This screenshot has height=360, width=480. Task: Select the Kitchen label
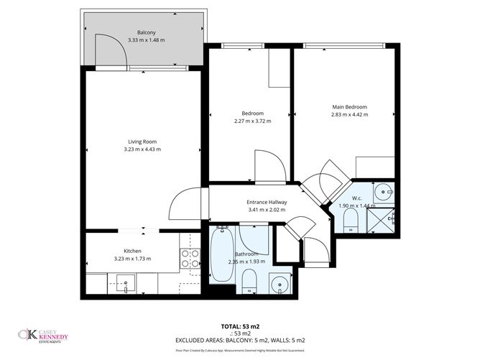coord(131,251)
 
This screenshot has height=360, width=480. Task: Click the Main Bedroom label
coord(349,106)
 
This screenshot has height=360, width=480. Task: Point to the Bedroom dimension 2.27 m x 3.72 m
coord(252,121)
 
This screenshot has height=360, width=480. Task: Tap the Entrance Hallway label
coord(266,202)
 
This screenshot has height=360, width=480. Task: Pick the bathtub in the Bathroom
coord(223,255)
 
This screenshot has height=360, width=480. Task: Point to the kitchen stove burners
coord(190,259)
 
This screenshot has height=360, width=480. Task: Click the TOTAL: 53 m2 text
coord(240,326)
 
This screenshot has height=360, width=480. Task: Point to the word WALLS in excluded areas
coord(284,340)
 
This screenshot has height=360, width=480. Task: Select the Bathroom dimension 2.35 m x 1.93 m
coord(247,262)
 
